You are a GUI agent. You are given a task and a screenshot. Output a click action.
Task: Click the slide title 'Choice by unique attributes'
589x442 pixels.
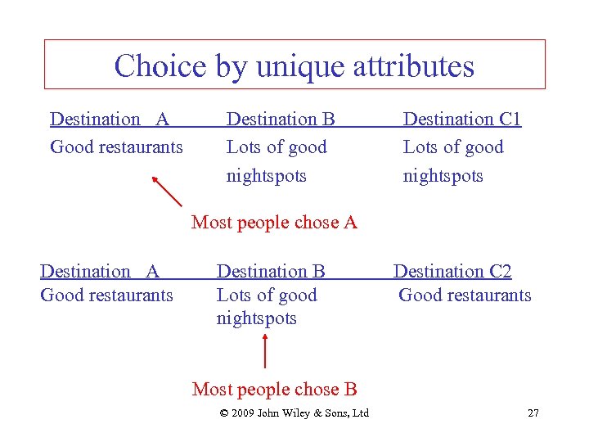294,65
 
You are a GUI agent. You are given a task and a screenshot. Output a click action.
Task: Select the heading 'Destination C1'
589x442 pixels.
461,120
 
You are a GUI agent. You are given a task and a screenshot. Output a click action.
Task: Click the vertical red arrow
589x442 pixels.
264,353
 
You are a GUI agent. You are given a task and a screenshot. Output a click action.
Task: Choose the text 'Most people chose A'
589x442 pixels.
274,222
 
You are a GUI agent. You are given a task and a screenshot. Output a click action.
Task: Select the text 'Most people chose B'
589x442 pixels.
274,390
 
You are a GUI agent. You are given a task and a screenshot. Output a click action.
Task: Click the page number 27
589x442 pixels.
533,413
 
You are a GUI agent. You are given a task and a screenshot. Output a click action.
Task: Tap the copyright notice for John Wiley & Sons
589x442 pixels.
294,413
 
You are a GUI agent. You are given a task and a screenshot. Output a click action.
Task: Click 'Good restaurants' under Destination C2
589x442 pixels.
465,295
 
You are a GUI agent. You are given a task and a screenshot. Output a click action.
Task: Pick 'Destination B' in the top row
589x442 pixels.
281,120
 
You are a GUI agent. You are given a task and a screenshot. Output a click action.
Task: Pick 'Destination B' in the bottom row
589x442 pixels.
271,271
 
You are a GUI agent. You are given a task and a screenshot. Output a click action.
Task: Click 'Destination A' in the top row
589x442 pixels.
110,120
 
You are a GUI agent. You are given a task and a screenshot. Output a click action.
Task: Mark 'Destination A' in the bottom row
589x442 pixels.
100,271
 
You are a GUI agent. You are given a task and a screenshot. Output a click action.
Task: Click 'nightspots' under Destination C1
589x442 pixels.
443,176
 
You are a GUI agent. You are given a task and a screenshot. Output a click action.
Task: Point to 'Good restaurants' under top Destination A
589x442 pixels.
116,147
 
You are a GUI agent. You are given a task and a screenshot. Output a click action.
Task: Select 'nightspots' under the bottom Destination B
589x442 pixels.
256,318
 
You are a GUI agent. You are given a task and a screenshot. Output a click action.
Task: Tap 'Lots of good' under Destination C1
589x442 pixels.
453,147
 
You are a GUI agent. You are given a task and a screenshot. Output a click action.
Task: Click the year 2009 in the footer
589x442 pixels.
242,413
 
